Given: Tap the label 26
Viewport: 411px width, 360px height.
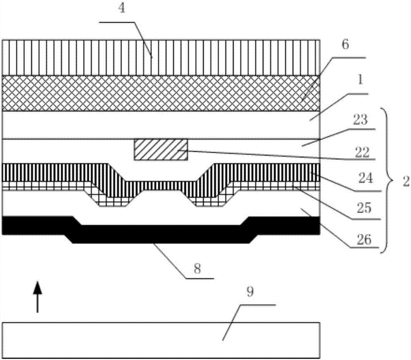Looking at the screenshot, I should tap(363, 238).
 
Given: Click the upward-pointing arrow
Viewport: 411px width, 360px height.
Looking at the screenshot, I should tap(37, 296).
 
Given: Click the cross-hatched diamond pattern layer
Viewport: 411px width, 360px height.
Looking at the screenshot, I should tap(160, 93).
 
